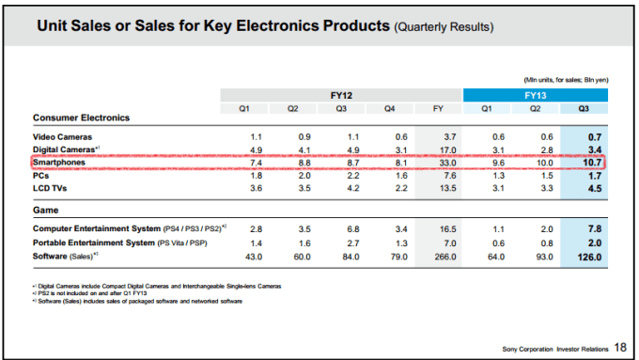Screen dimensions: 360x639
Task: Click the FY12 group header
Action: pos(340,95)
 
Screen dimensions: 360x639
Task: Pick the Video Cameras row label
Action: pos(62,137)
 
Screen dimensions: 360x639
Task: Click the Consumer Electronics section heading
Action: pos(81,117)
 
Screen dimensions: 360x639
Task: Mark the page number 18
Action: pos(619,349)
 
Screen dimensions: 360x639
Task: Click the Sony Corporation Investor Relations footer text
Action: pos(554,350)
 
